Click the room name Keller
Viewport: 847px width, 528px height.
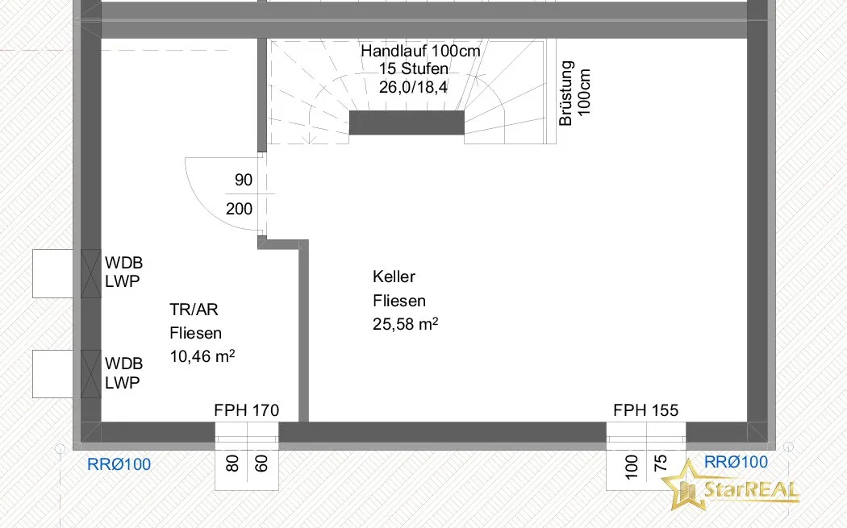coord(394,276)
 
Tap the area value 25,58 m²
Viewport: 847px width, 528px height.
coord(405,324)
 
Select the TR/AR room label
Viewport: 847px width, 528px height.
coord(194,310)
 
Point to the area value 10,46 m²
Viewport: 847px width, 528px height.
coord(202,356)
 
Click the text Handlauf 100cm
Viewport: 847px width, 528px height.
coord(420,51)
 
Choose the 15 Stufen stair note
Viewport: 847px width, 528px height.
coord(413,69)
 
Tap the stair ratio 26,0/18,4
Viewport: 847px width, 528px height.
coord(413,87)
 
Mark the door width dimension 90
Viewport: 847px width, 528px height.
coord(244,180)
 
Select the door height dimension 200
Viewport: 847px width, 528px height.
coord(239,209)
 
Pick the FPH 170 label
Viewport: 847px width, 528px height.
coord(246,410)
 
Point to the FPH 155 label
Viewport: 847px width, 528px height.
coord(645,410)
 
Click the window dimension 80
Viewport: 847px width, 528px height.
coord(232,464)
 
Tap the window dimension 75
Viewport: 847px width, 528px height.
coord(661,464)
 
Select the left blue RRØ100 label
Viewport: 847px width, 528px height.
coord(119,464)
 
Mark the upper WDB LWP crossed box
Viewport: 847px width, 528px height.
coord(90,274)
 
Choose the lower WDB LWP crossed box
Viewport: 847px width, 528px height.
coord(90,374)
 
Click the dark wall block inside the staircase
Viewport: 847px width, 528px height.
coord(407,123)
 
